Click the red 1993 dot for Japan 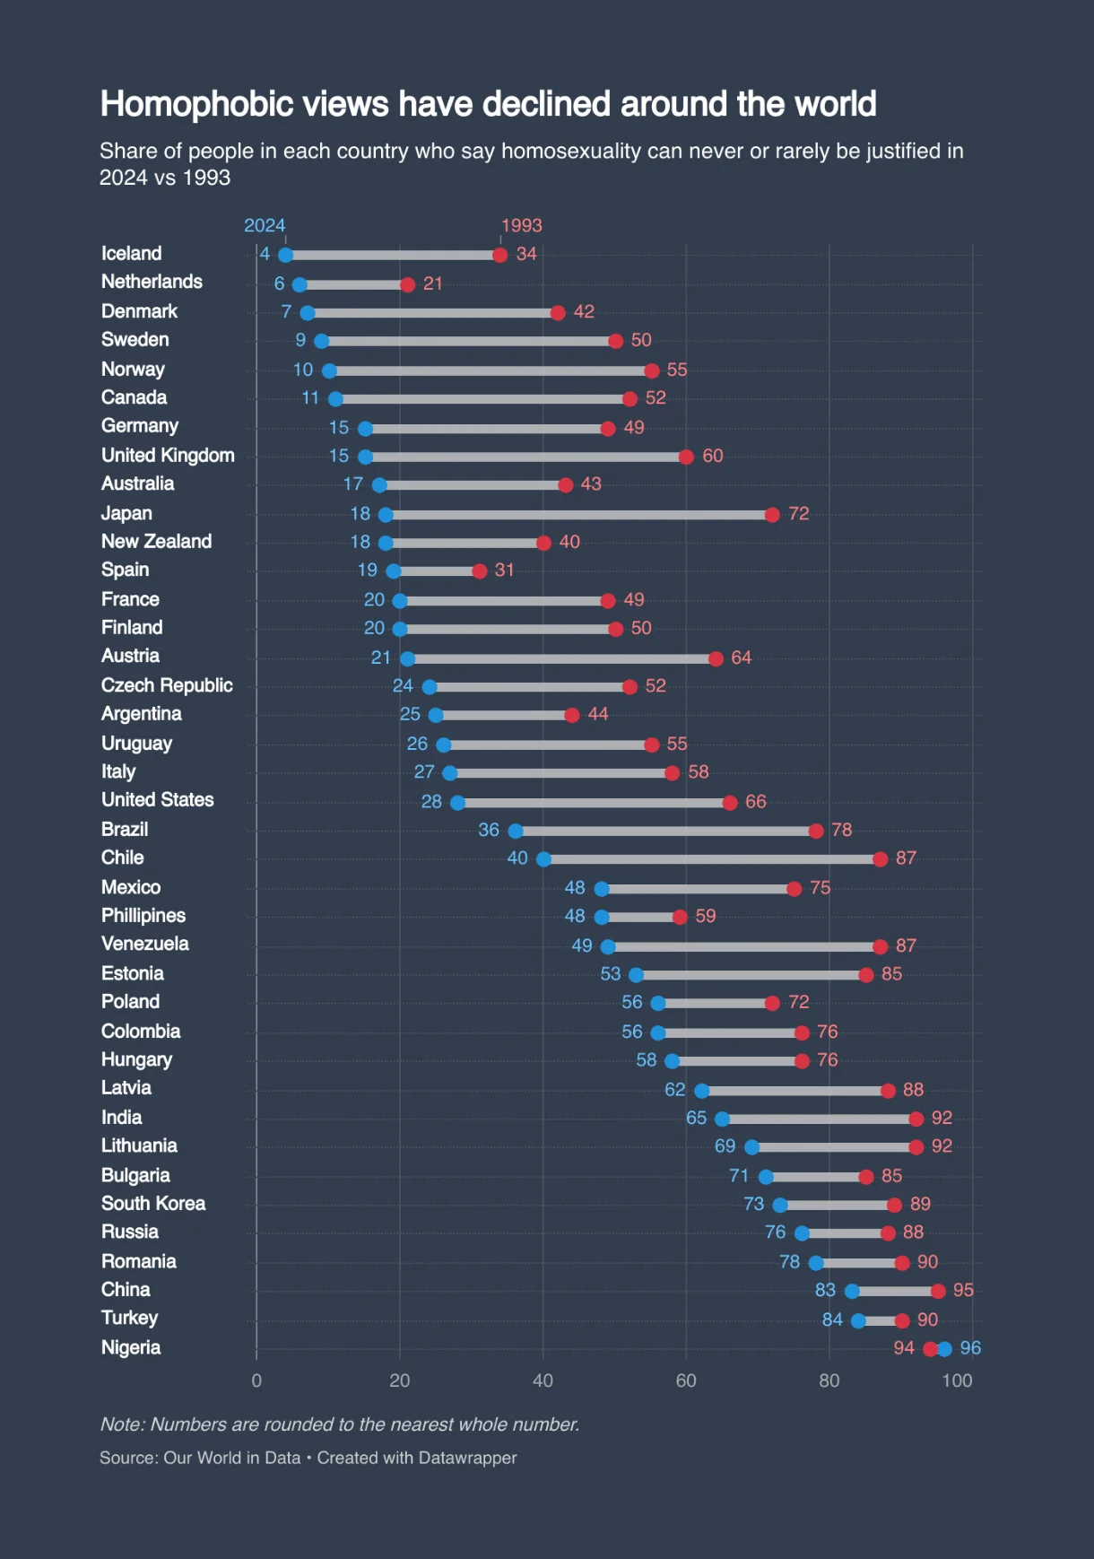click(772, 515)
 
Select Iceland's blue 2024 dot click(285, 255)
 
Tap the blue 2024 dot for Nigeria click(944, 1349)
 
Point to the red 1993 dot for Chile click(880, 859)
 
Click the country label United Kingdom click(168, 456)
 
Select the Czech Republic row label click(167, 686)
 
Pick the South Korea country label click(153, 1204)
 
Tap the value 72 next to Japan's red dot click(798, 514)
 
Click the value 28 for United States click(431, 802)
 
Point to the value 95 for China click(963, 1291)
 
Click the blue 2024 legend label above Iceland click(265, 226)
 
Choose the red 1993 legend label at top click(521, 226)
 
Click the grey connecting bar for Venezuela click(744, 947)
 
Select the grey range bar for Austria click(561, 659)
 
